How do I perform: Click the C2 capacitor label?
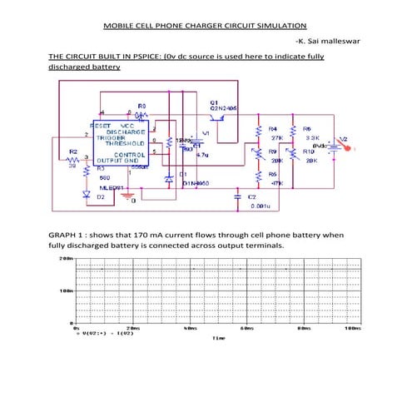click(x=251, y=196)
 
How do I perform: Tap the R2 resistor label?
click(x=72, y=151)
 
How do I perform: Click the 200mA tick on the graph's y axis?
click(x=66, y=259)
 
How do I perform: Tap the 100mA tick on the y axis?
click(x=66, y=291)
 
